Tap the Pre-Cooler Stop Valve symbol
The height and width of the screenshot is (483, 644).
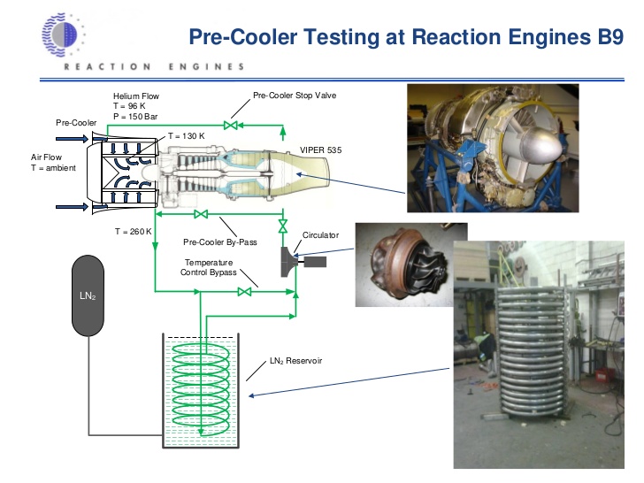[233, 127]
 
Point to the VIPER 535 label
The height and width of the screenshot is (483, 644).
[321, 151]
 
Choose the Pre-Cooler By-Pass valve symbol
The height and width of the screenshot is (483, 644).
[201, 213]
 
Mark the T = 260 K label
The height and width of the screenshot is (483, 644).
[134, 231]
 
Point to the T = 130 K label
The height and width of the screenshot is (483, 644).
[186, 136]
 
